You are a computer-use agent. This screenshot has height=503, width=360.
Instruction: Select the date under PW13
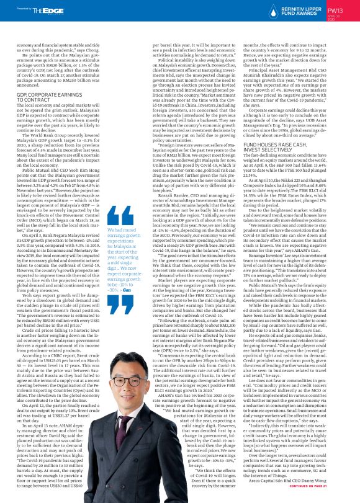click(335, 19)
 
